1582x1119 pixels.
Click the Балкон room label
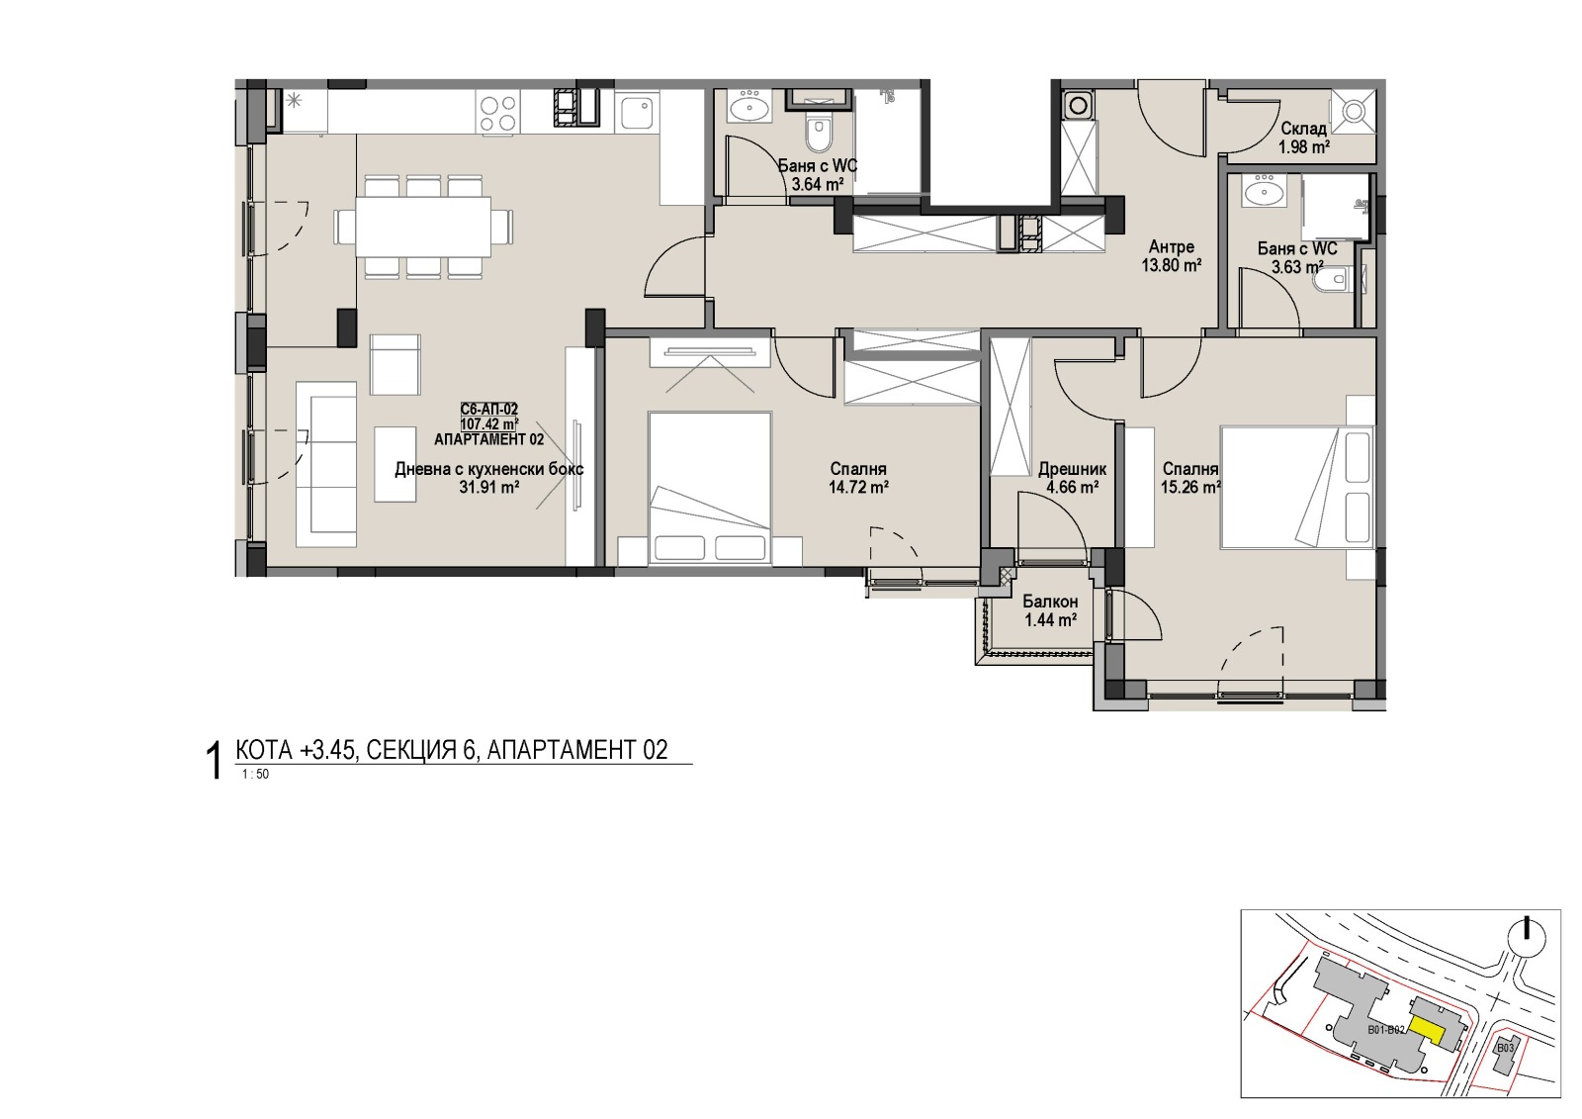click(1050, 602)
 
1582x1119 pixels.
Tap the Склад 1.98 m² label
click(1304, 138)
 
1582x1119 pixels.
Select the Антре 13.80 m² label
click(1172, 256)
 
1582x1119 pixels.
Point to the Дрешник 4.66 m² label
click(1072, 478)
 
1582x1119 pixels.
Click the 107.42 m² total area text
click(489, 424)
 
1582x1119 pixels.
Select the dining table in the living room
click(424, 227)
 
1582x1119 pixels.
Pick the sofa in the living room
click(325, 464)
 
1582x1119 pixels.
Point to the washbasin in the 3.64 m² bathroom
click(749, 109)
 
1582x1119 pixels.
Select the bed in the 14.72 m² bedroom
click(710, 489)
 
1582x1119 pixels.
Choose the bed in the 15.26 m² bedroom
click(1296, 487)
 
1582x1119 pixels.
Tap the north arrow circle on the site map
click(1527, 938)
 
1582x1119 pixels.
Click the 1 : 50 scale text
click(255, 774)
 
